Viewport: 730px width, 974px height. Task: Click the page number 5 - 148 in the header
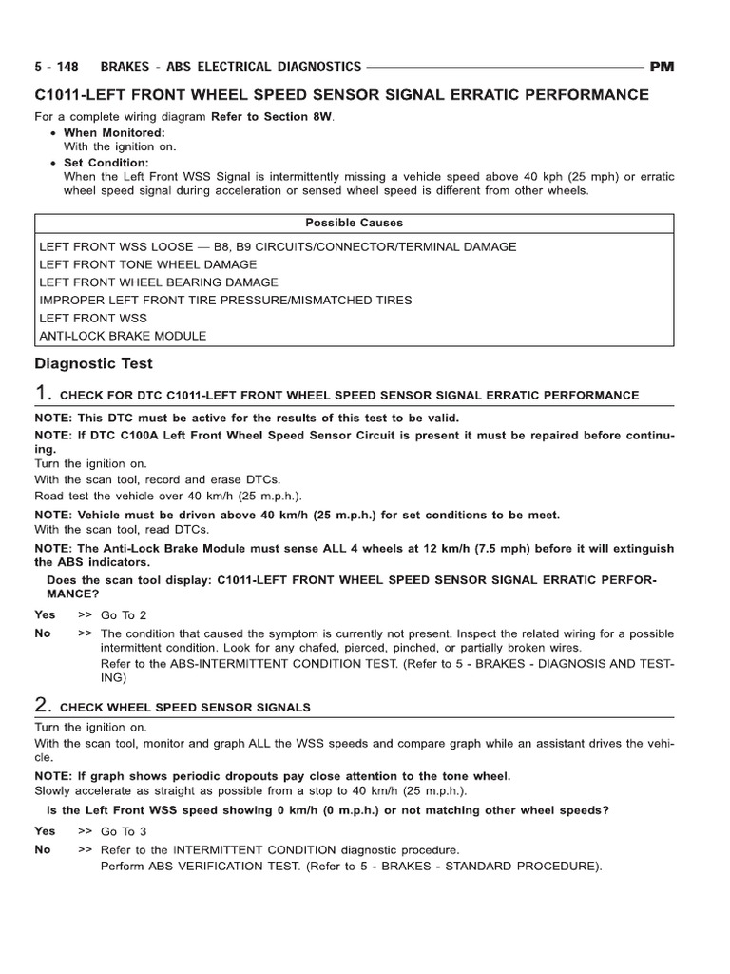(56, 67)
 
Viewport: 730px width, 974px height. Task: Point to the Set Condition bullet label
(107, 163)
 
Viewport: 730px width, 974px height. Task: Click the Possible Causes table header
(354, 223)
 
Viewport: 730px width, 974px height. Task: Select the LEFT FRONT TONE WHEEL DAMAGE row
(148, 264)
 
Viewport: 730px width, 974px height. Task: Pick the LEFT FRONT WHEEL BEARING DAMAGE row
(159, 282)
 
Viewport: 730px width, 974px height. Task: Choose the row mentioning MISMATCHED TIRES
(226, 300)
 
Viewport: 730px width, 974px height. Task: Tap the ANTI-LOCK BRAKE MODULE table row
(123, 336)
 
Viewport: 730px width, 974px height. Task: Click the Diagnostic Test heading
(93, 363)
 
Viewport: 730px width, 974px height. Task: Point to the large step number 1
(42, 393)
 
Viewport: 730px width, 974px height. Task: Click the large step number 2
(42, 705)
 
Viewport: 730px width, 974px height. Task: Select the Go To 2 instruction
(125, 615)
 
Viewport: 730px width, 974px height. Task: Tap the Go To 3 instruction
(125, 831)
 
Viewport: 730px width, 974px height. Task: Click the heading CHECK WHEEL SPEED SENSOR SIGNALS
(185, 708)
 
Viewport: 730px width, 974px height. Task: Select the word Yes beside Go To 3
(45, 831)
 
